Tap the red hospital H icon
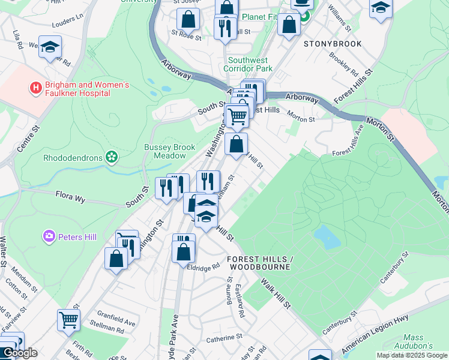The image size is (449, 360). [37, 89]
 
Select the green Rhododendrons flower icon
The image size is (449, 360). [110, 157]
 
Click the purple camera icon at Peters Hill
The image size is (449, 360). [49, 237]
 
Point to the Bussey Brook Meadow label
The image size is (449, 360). [165, 151]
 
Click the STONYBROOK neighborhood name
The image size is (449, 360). [333, 44]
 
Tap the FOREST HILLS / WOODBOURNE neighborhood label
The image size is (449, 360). [259, 263]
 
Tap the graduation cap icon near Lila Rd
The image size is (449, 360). [50, 46]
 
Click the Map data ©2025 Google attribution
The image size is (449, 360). [412, 355]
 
